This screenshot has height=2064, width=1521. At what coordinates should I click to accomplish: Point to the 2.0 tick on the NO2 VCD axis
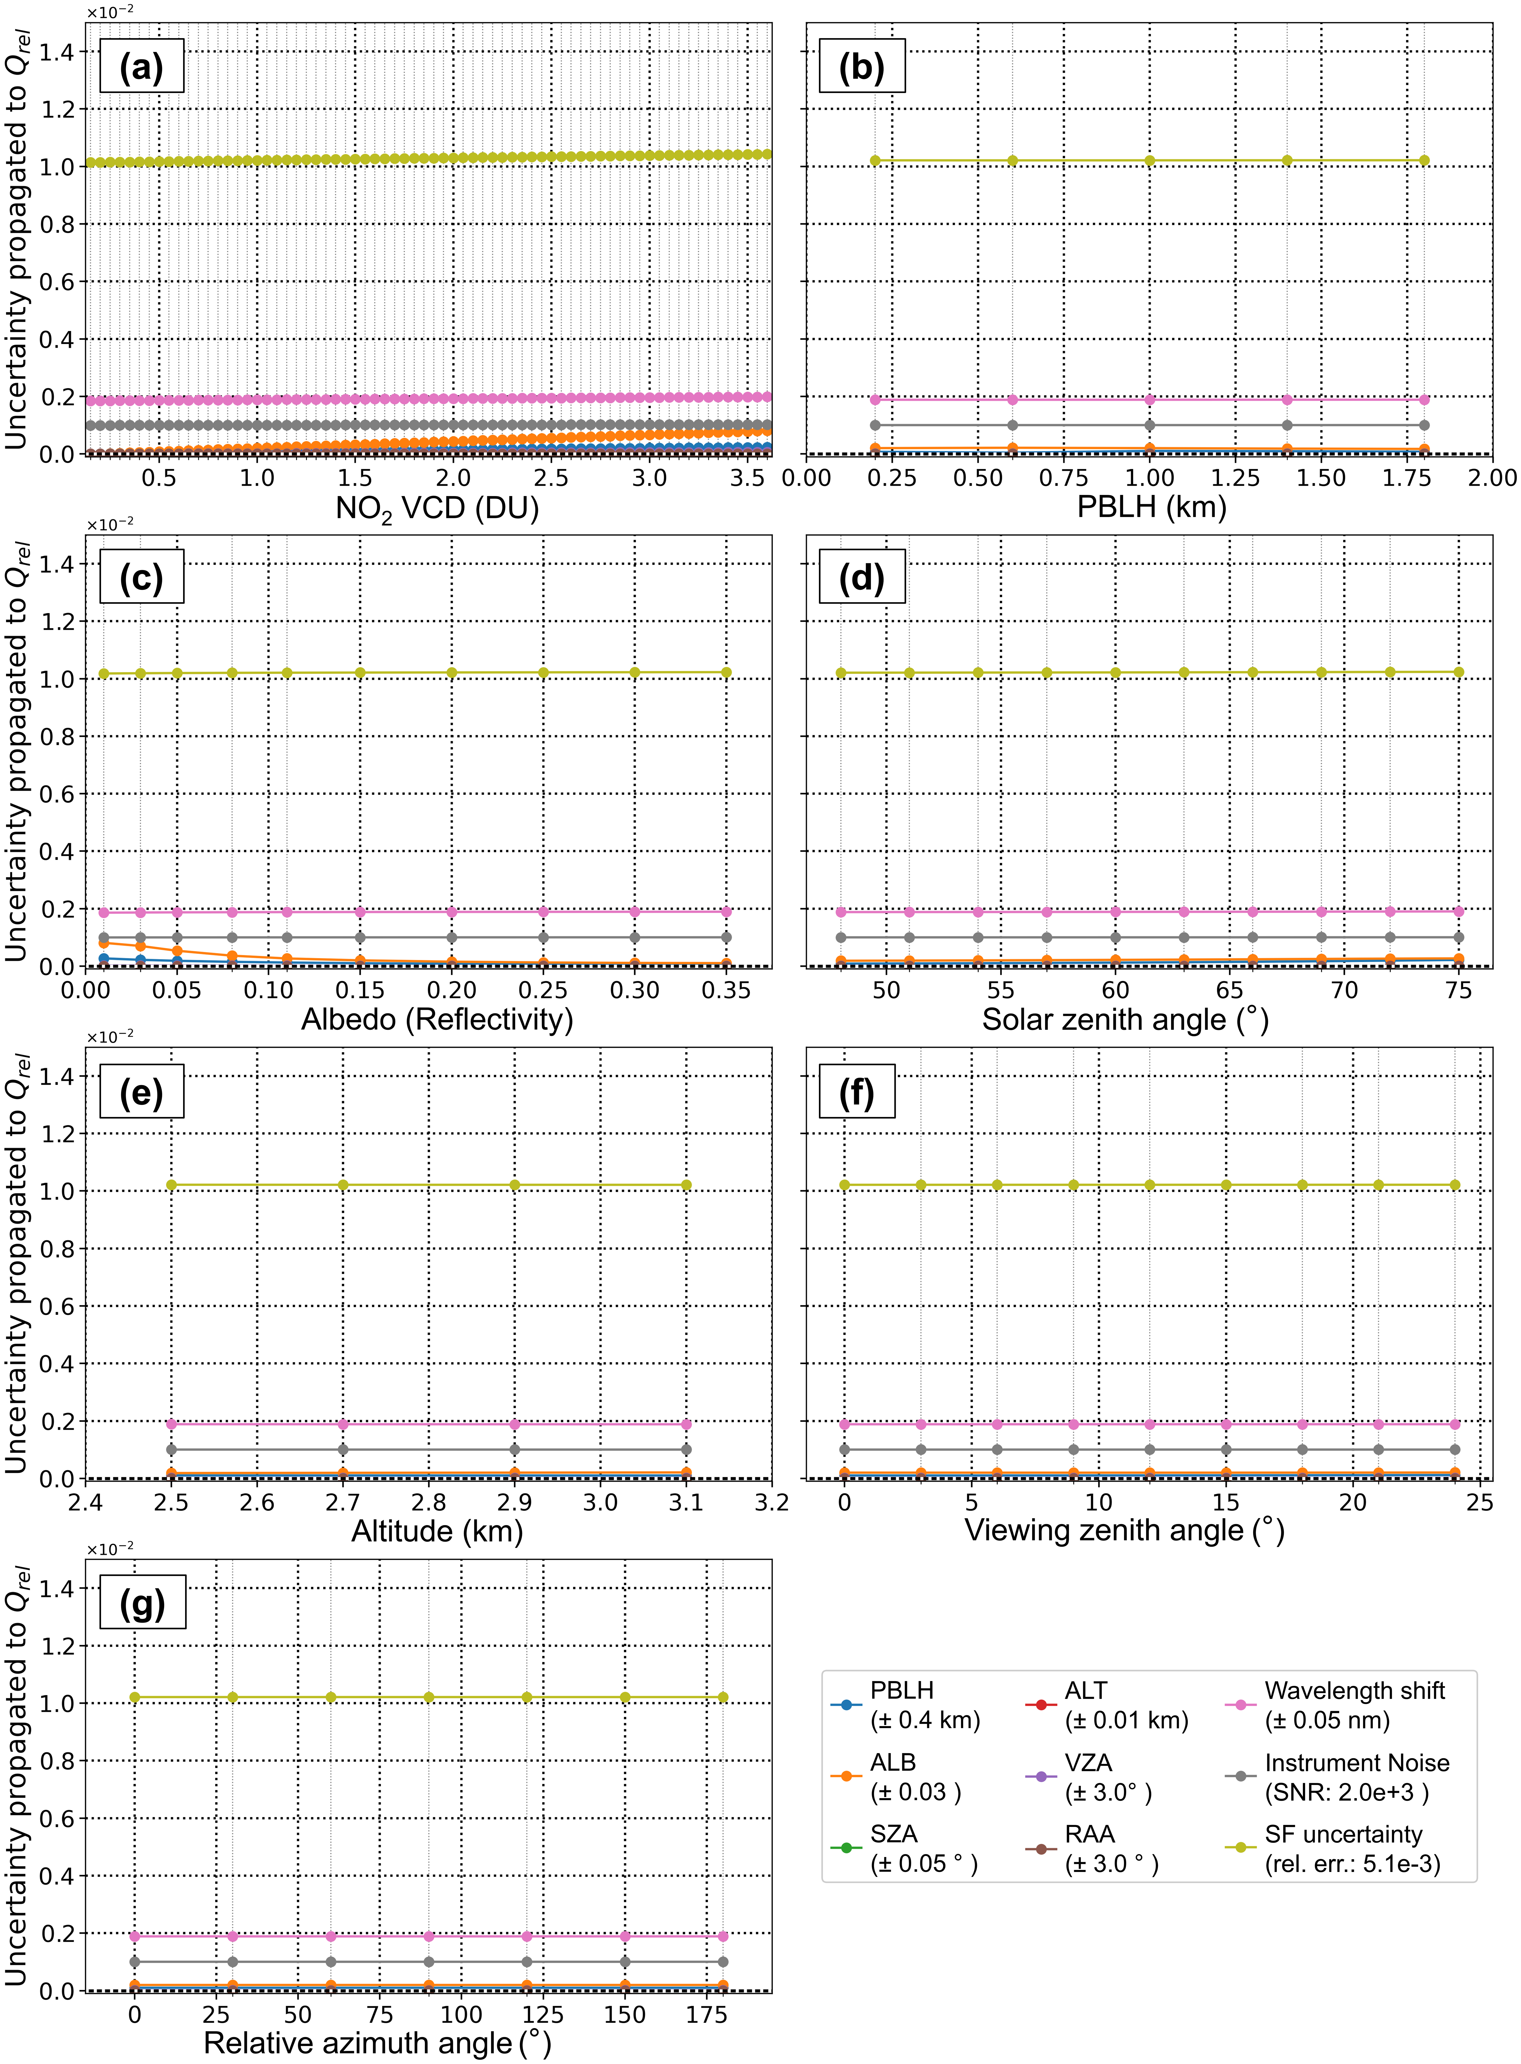(x=453, y=478)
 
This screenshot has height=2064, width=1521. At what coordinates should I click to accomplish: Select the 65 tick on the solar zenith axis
(x=1229, y=990)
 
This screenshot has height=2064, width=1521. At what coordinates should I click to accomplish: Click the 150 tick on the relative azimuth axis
(x=624, y=2014)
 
